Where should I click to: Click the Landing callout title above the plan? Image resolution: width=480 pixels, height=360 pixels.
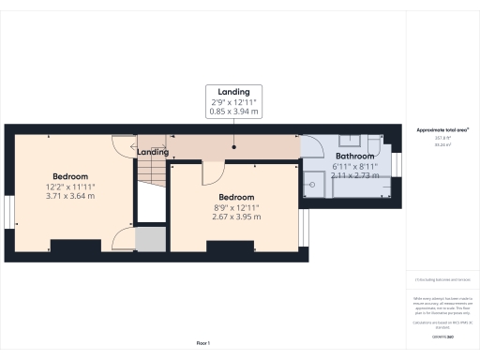(234, 91)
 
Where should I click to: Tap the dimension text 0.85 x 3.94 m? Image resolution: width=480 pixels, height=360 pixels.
(234, 112)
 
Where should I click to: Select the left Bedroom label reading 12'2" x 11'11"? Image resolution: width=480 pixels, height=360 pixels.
(70, 187)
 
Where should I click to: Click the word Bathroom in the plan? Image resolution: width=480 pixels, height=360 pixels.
(355, 157)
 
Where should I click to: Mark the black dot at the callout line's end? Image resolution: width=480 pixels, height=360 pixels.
(234, 146)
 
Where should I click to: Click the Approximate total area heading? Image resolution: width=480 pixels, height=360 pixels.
(442, 129)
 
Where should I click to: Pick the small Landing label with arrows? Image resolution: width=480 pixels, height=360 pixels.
(153, 152)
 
